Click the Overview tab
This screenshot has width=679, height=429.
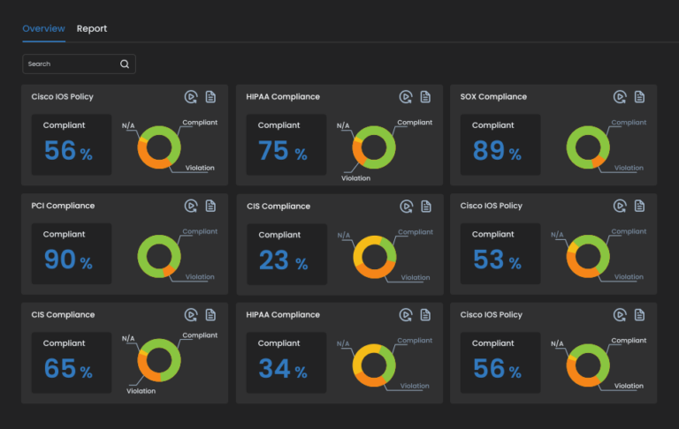[43, 28]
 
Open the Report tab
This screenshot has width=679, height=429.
[92, 28]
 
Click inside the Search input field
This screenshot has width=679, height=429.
[71, 64]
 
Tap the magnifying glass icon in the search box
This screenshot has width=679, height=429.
[125, 64]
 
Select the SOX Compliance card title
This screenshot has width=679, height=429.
[492, 97]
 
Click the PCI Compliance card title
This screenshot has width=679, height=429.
[62, 206]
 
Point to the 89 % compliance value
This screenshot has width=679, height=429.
[497, 151]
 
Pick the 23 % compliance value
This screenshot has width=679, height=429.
[283, 260]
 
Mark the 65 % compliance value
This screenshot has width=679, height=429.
[68, 369]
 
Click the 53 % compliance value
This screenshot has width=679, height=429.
[497, 260]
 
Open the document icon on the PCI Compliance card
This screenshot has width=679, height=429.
[210, 206]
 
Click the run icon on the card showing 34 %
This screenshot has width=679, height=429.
[405, 315]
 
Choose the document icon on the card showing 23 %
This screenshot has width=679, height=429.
[425, 206]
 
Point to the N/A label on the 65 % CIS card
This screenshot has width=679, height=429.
[128, 338]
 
